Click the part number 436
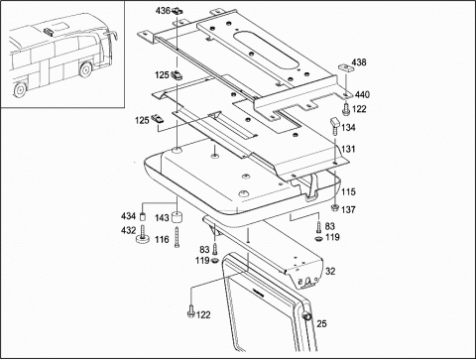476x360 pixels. click(163, 11)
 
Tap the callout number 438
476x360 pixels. click(359, 62)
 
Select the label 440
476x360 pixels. click(362, 95)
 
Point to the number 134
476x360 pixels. click(348, 127)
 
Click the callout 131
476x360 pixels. click(348, 149)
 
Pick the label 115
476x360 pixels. click(348, 191)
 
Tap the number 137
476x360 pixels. click(348, 209)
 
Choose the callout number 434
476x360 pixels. click(128, 216)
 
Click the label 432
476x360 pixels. click(128, 230)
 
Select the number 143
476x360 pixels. click(162, 218)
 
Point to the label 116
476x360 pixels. click(162, 239)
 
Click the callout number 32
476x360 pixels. click(330, 272)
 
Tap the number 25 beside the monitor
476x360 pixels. click(321, 323)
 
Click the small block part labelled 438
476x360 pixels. click(345, 67)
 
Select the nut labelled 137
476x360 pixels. click(335, 208)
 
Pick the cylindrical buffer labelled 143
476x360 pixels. click(178, 218)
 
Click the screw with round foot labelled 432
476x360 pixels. click(143, 234)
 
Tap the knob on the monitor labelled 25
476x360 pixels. click(307, 317)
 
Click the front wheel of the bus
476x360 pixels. click(85, 69)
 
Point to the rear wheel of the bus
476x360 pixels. click(20, 89)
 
